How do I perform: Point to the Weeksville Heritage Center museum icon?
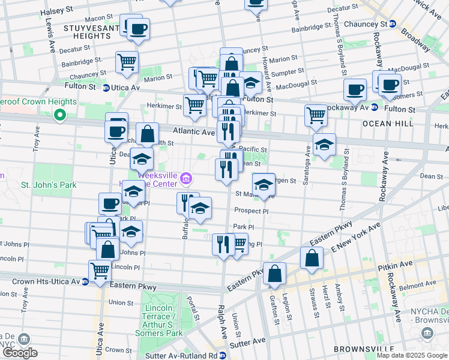pos(186,179)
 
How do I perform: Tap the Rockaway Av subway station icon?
pos(374,108)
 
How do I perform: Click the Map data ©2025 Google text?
pos(412,355)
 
